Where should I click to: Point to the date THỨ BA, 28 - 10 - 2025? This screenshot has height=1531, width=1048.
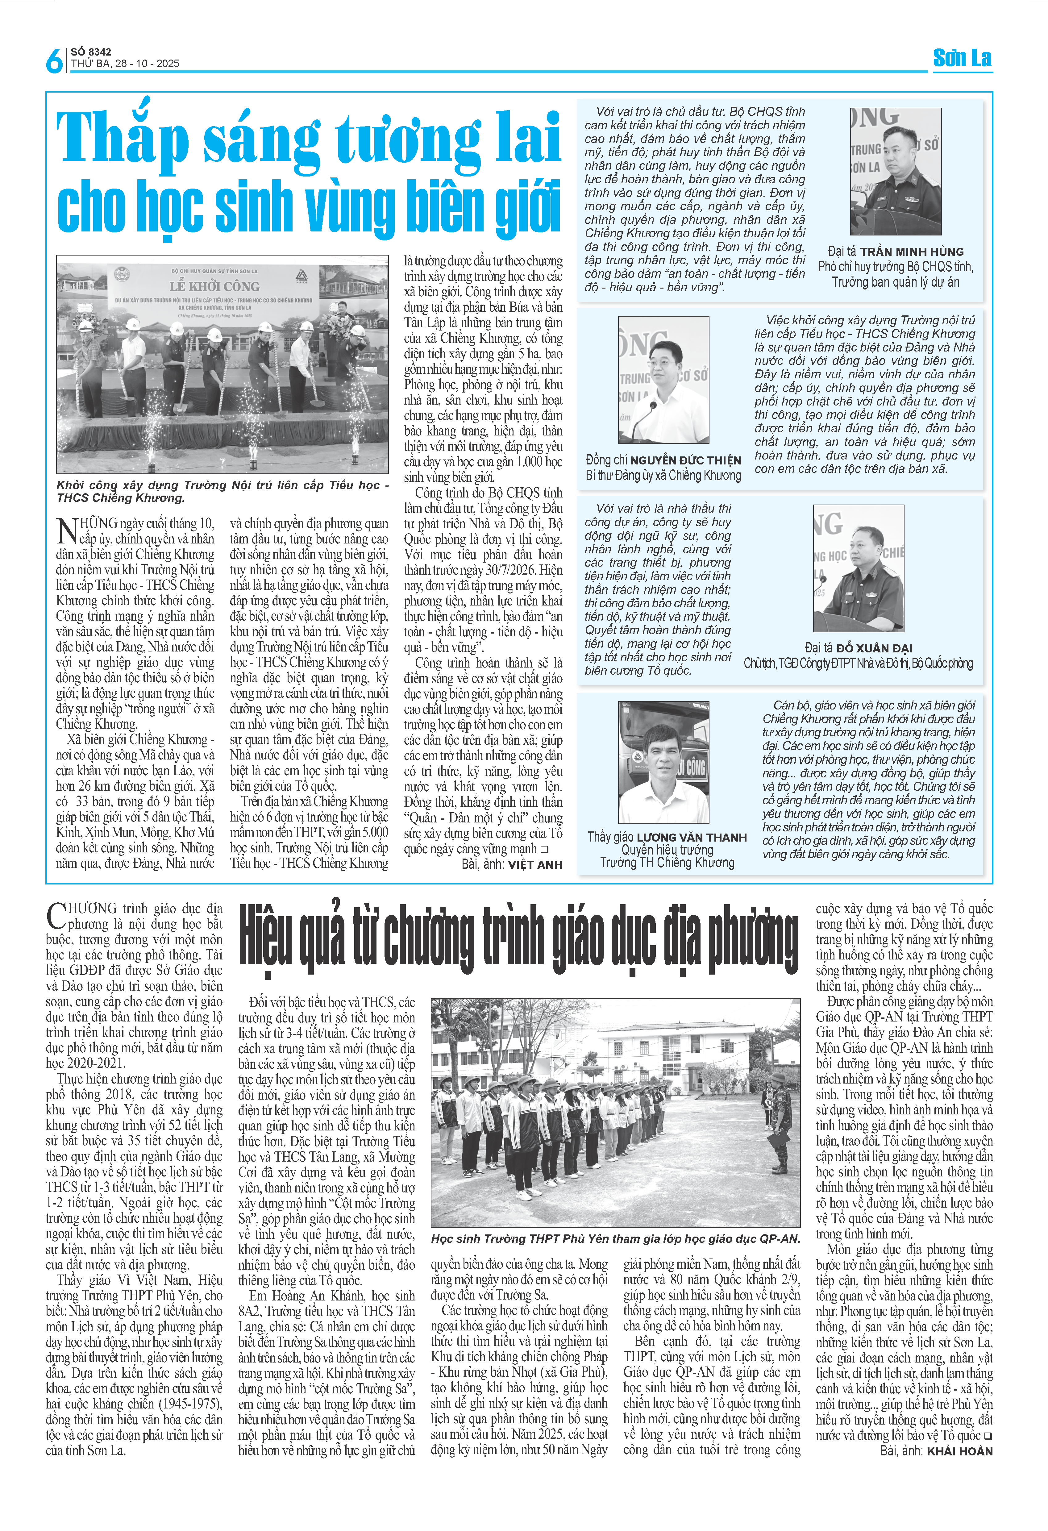(125, 64)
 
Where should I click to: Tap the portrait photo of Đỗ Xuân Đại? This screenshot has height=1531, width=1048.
(858, 568)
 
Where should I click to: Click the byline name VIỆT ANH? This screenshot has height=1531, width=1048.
(535, 865)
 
